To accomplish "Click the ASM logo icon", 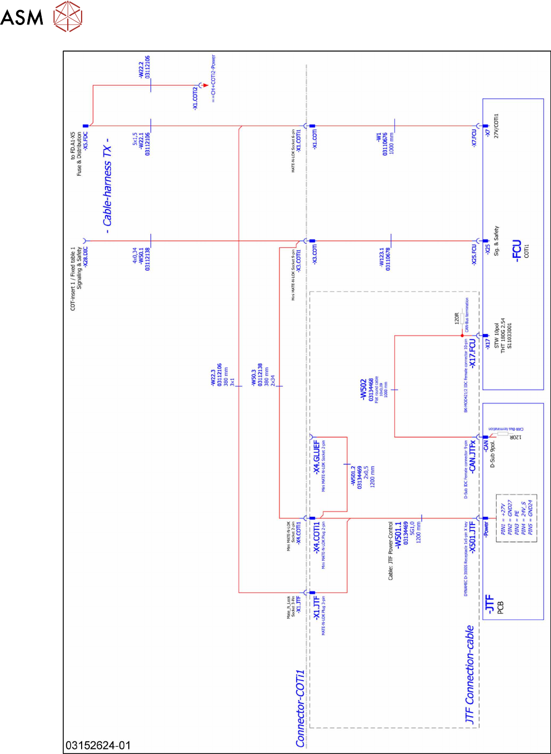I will click(68, 16).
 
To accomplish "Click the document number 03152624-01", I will click(98, 745).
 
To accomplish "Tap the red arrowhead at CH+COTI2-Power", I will click(206, 86).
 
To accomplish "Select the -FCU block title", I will click(517, 251).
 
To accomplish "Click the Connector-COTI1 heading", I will click(300, 708).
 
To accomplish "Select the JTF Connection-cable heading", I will click(470, 675).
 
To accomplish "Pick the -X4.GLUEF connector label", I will click(317, 457).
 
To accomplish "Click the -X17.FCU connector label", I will click(473, 353).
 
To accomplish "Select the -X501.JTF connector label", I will click(473, 537).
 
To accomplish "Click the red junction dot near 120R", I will click(462, 336).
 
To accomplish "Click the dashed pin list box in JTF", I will click(516, 517).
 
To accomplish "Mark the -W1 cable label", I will click(378, 137).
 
